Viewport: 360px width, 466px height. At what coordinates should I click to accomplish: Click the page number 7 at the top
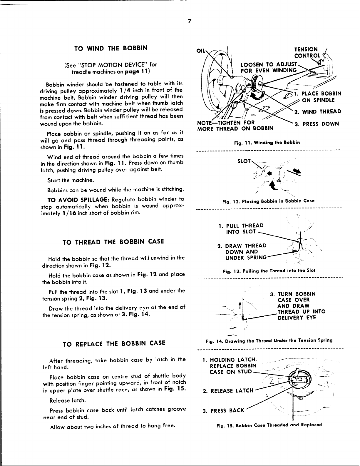[190, 21]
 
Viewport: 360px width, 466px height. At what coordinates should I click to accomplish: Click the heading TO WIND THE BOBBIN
[111, 48]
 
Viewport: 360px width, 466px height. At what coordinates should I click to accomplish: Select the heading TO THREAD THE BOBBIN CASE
[113, 242]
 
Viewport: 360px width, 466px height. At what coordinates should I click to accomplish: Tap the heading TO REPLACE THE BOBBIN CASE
[114, 343]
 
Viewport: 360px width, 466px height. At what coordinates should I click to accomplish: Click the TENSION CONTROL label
[307, 53]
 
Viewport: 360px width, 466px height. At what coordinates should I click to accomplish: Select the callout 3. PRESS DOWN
[317, 124]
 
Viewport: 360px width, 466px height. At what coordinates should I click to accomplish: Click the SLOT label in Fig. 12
[244, 161]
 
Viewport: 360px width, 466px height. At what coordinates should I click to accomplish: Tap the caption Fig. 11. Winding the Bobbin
[267, 143]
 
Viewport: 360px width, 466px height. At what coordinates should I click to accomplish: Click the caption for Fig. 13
[269, 270]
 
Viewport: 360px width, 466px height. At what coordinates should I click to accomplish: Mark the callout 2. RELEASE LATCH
[228, 391]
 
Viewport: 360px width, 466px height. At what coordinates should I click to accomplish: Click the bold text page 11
[138, 71]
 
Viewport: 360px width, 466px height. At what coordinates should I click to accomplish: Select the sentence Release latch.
[68, 400]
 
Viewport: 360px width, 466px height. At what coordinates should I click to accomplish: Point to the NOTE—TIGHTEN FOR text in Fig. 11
[226, 123]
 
